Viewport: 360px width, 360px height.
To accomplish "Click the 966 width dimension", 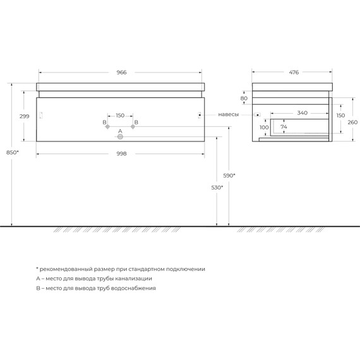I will pos(121,73).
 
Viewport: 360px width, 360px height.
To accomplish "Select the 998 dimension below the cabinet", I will pos(120,153).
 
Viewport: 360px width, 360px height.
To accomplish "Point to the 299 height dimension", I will pos(25,116).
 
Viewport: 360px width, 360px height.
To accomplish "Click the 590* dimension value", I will pos(229,175).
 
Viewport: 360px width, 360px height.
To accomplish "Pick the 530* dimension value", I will pos(217,188).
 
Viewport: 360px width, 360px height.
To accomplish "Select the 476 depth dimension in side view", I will pos(294,73).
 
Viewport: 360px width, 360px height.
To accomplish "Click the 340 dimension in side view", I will pos(302,114).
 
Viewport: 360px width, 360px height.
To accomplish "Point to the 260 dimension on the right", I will pos(352,123).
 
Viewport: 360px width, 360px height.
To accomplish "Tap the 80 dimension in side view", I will pos(244,99).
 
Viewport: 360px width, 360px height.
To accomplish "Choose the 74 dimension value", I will pos(284,127).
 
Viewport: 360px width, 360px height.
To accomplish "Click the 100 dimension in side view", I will pos(264,128).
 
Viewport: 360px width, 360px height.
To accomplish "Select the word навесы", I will pos(228,115).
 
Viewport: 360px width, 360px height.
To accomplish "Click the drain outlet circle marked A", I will pos(120,136).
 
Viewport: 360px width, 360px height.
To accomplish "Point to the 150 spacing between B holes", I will pos(120,116).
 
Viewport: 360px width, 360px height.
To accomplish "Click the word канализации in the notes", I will pos(130,278).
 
